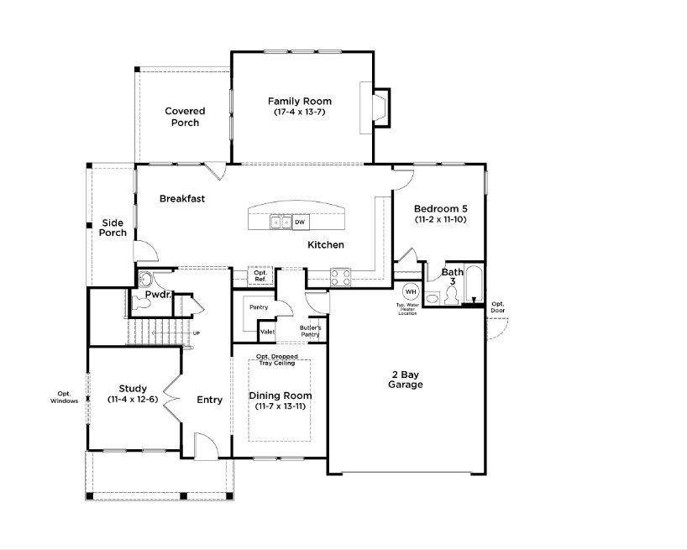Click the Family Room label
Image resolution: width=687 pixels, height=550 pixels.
pyautogui.click(x=300, y=101)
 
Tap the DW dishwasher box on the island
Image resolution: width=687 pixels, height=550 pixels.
pyautogui.click(x=300, y=222)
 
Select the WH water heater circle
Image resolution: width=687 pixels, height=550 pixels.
pyautogui.click(x=411, y=291)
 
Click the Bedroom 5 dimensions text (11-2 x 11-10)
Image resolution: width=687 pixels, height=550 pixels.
pyautogui.click(x=440, y=219)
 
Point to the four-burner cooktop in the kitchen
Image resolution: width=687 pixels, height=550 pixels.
pyautogui.click(x=340, y=277)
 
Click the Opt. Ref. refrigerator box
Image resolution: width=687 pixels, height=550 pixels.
pyautogui.click(x=260, y=276)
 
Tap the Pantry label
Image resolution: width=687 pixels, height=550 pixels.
pyautogui.click(x=259, y=307)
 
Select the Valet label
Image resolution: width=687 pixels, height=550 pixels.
pyautogui.click(x=267, y=332)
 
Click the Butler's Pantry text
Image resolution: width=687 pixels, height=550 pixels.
pyautogui.click(x=310, y=331)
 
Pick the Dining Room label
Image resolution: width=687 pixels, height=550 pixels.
pyautogui.click(x=281, y=395)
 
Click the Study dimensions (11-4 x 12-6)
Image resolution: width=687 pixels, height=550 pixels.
pyautogui.click(x=133, y=400)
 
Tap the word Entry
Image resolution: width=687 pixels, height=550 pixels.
pyautogui.click(x=209, y=400)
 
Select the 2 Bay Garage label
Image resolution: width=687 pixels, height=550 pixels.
pyautogui.click(x=406, y=380)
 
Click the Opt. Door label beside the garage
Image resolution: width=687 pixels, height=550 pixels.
pyautogui.click(x=498, y=307)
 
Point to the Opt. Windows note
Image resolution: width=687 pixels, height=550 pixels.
pyautogui.click(x=64, y=397)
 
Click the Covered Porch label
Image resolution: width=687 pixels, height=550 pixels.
pyautogui.click(x=185, y=117)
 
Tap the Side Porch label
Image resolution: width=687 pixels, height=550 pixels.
pyautogui.click(x=113, y=228)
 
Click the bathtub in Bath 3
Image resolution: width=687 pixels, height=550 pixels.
pyautogui.click(x=474, y=284)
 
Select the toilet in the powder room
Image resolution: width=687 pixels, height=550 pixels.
pyautogui.click(x=142, y=301)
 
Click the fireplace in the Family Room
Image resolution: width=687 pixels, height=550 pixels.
pyautogui.click(x=380, y=107)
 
